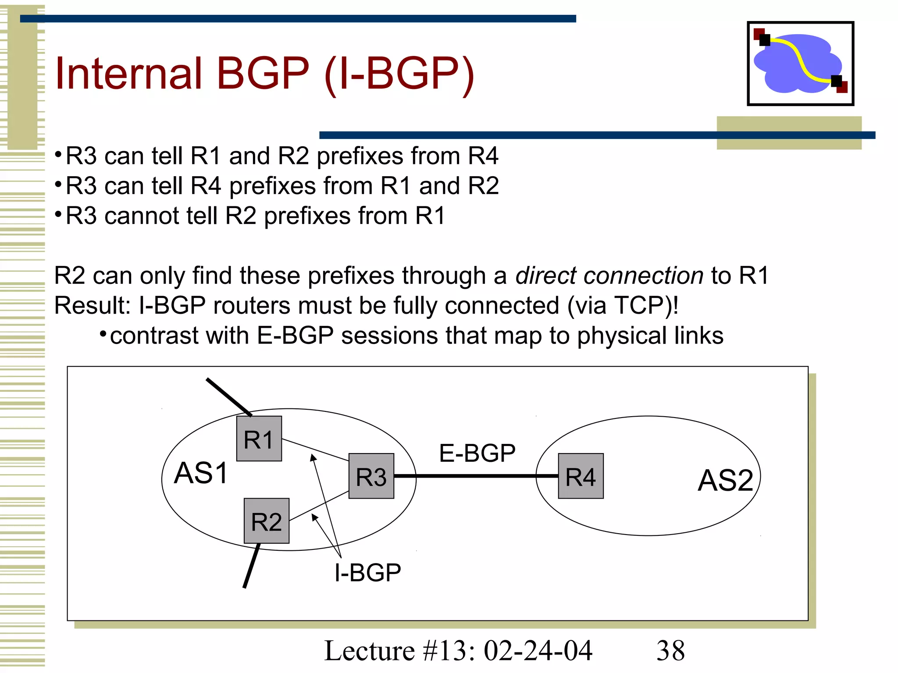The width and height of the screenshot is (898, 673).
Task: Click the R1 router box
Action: [x=259, y=439]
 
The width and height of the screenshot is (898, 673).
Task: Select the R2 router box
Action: [x=266, y=521]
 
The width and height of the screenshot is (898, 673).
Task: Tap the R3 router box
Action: [x=371, y=476]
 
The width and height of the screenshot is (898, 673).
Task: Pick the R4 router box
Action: [x=581, y=476]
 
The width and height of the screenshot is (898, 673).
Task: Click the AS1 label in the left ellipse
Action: [x=201, y=473]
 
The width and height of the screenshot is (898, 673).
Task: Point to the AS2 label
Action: [x=726, y=480]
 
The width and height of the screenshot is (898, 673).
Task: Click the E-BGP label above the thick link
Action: [x=477, y=453]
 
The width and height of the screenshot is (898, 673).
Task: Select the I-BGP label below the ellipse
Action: [x=367, y=572]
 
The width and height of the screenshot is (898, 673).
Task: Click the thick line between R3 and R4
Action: [x=476, y=476]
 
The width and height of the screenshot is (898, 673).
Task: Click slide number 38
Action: [x=670, y=651]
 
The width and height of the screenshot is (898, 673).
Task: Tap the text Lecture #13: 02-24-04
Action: [x=458, y=651]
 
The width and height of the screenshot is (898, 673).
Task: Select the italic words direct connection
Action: [x=609, y=276]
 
